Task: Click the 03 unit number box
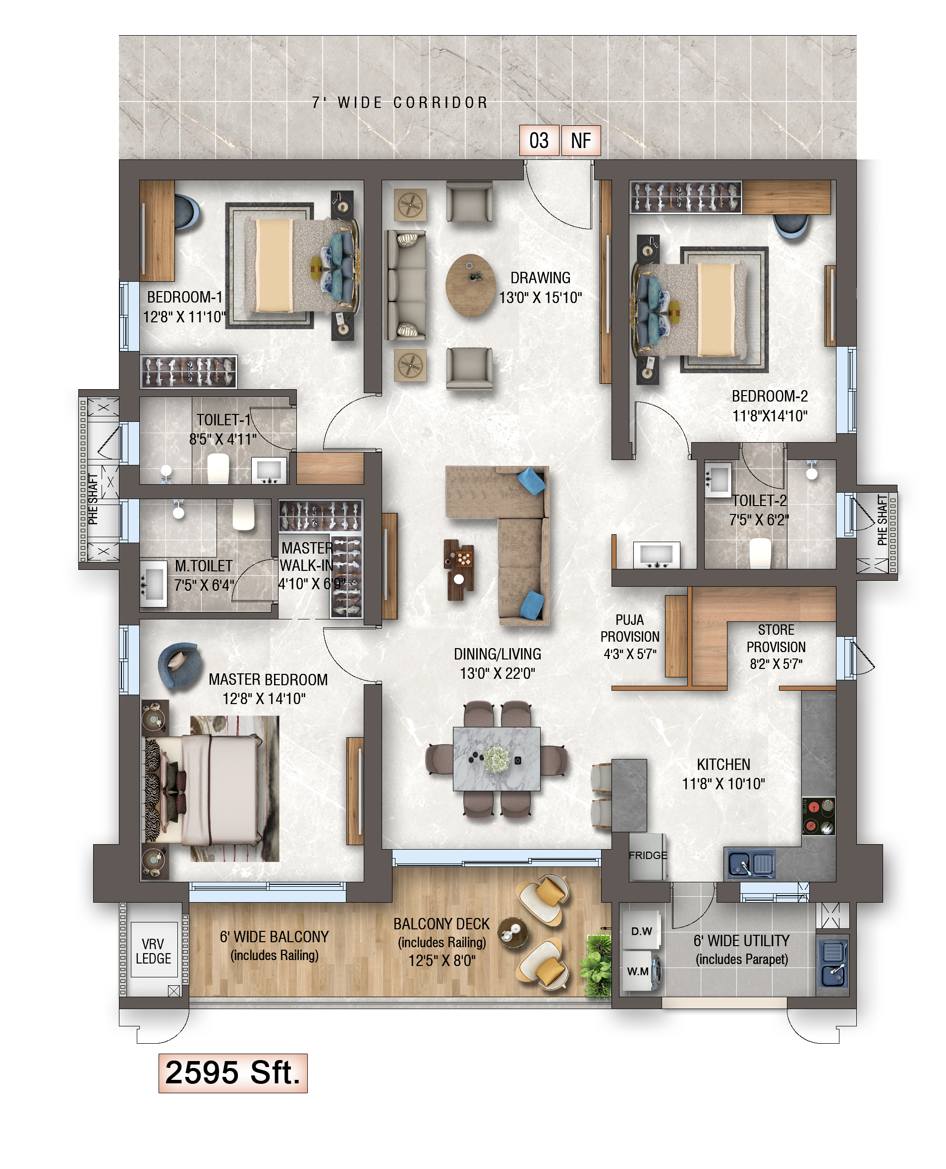click(539, 141)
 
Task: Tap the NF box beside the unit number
click(581, 141)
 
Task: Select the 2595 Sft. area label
click(233, 1073)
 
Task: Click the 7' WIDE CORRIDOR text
click(400, 102)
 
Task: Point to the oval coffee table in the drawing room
click(470, 285)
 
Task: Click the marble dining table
click(497, 759)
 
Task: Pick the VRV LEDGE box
click(154, 950)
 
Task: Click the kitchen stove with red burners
click(819, 816)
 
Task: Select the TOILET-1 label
click(223, 420)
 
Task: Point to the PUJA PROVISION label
click(630, 628)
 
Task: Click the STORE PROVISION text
click(776, 638)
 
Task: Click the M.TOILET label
click(203, 566)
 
